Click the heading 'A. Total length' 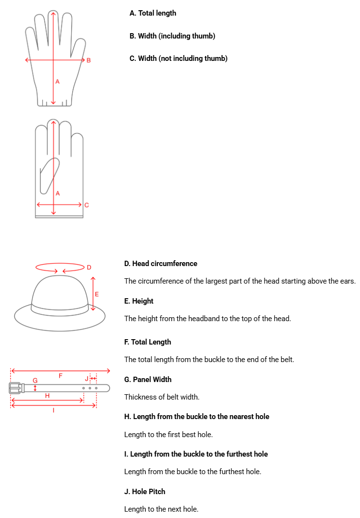coord(152,13)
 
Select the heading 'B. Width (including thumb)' coord(172,36)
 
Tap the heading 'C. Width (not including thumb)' coord(178,58)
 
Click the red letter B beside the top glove coord(89,60)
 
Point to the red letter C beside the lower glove coord(87,205)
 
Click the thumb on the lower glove coord(49,174)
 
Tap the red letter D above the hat coord(89,267)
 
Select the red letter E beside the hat coord(97,294)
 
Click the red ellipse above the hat coord(60,268)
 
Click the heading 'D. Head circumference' coord(161,264)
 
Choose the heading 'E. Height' coord(139,301)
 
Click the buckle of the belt coord(16,388)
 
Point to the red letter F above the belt coord(60,376)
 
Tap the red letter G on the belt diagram coord(35,380)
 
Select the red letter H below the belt coord(47,396)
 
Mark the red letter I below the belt coord(54,411)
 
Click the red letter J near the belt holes coord(87,379)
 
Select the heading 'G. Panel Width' coord(148,379)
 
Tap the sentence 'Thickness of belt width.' coord(162,397)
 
